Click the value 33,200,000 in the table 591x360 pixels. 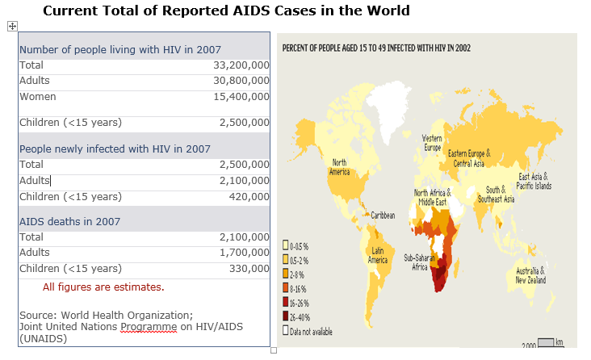pos(241,65)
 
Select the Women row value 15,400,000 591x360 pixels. pos(241,97)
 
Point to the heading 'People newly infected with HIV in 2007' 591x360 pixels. pos(115,149)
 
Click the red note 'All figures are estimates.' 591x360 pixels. pos(103,287)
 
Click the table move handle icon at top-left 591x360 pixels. pos(12,26)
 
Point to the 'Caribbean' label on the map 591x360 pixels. pos(383,216)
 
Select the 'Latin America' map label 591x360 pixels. pos(378,256)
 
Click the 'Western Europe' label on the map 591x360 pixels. pos(433,143)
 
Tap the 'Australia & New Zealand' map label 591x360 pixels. pos(531,275)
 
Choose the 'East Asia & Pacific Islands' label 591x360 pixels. pos(534,181)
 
